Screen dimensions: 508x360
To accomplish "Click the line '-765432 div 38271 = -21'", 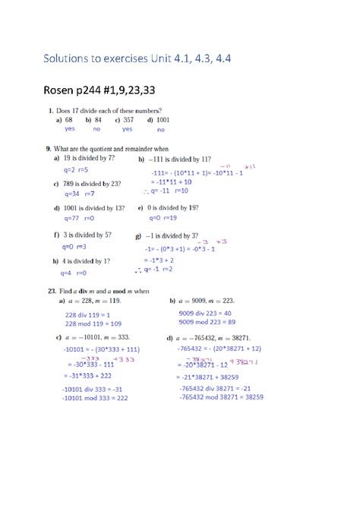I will pos(220,388).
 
